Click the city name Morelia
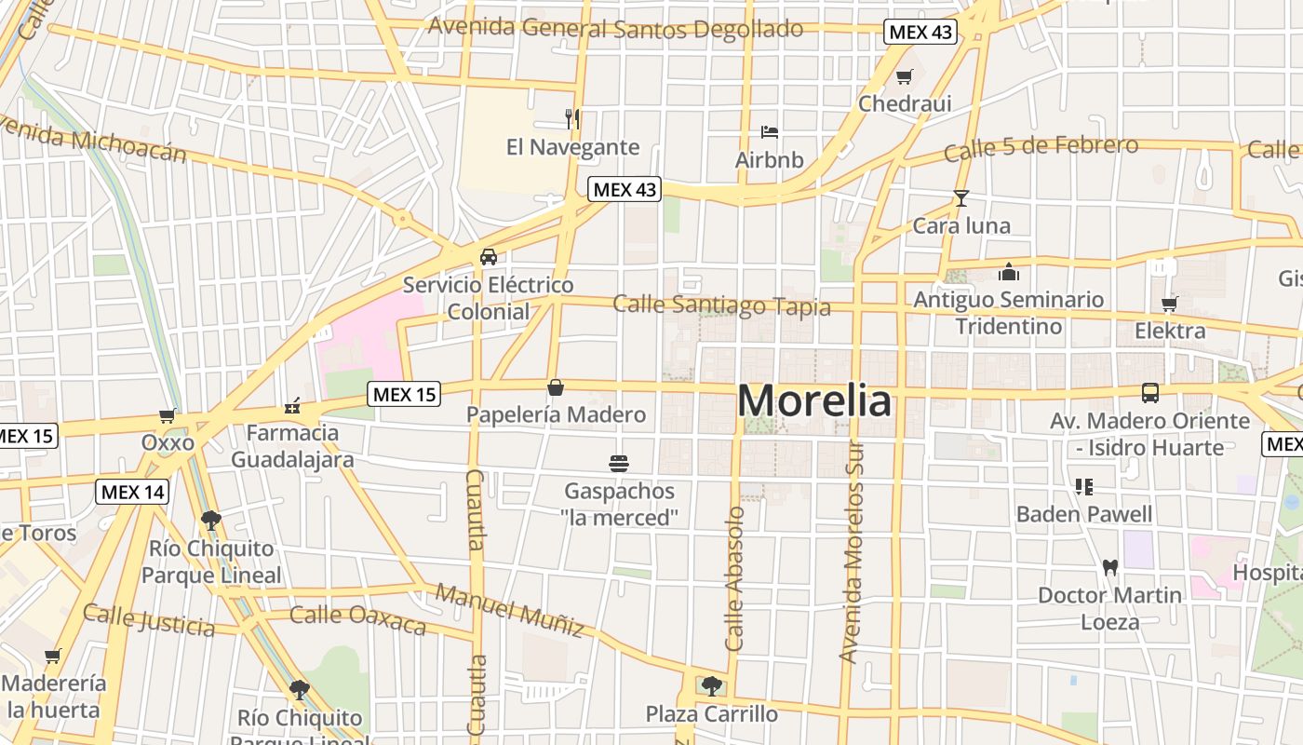pos(814,400)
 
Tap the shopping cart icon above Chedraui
pos(904,76)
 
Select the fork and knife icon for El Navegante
pos(572,119)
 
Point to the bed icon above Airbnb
pos(769,131)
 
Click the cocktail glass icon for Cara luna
pos(960,197)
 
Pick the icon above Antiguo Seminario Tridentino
pos(1008,272)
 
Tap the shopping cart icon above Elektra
pos(1170,304)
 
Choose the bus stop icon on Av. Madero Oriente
pos(1150,393)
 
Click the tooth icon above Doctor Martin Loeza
pos(1109,566)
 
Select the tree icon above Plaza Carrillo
pos(712,686)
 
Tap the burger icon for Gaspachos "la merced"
pos(619,463)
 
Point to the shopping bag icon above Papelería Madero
pos(556,387)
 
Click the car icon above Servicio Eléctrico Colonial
pos(488,257)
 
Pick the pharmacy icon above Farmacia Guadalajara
pos(292,406)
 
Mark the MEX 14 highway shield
pos(132,492)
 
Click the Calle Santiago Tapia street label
pos(721,305)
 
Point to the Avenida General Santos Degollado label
pos(615,28)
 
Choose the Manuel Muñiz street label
pos(510,611)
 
